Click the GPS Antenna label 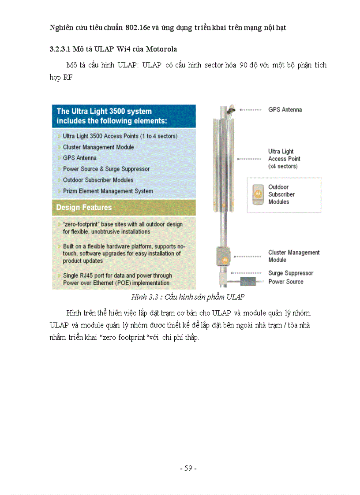click(x=285, y=110)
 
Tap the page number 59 click(x=188, y=469)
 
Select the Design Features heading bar click(x=124, y=207)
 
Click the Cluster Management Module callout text click(x=293, y=256)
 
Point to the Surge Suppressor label click(x=291, y=273)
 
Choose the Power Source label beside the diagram click(x=286, y=282)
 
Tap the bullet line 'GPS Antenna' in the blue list click(x=79, y=158)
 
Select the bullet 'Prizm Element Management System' click(x=108, y=191)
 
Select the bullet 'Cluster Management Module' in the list click(x=98, y=147)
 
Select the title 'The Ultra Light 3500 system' click(x=104, y=111)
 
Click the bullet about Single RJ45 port click(x=117, y=279)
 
